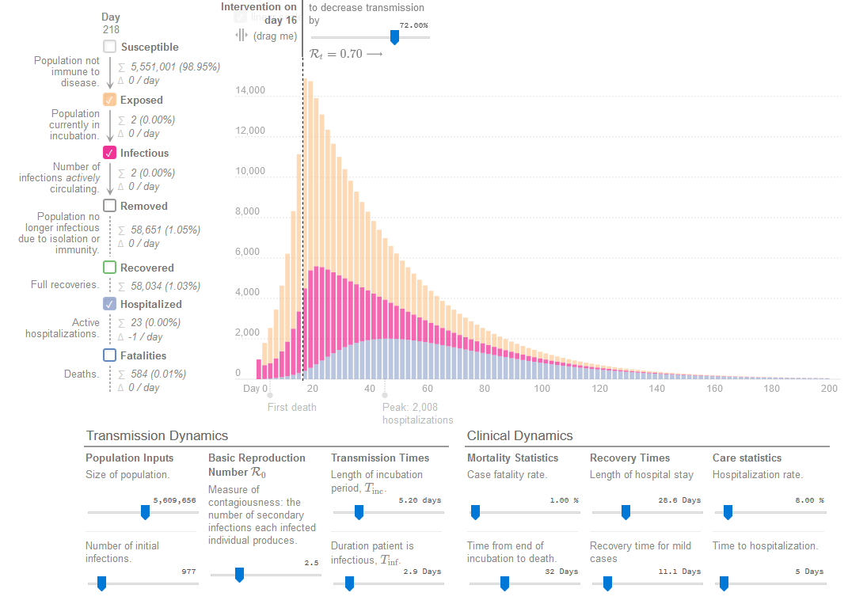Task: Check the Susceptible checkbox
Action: [x=110, y=47]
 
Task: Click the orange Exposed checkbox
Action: [x=110, y=100]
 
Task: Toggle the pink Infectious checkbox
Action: [x=110, y=153]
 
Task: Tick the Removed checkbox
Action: [x=110, y=206]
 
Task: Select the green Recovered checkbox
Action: [x=110, y=268]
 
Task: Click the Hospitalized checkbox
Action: [x=110, y=304]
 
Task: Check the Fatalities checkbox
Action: [x=110, y=355]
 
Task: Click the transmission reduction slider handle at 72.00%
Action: [x=394, y=37]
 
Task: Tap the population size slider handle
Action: [x=145, y=512]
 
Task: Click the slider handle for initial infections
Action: [x=101, y=583]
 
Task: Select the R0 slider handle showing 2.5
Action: [x=238, y=575]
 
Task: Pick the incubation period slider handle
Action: [x=359, y=512]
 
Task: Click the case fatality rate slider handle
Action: [x=475, y=512]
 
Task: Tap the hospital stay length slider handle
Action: [x=626, y=512]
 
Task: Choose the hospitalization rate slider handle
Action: [x=728, y=512]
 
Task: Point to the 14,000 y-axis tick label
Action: [x=250, y=90]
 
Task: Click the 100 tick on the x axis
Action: [x=542, y=389]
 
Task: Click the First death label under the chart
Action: [x=291, y=407]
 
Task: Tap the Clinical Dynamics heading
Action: [x=519, y=435]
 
